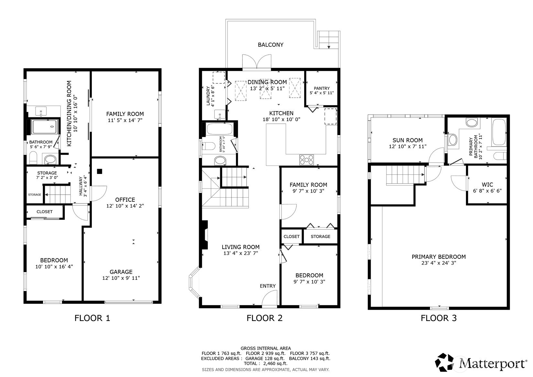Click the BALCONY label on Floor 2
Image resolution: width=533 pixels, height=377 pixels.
(x=271, y=45)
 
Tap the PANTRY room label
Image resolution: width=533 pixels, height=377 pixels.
(x=322, y=88)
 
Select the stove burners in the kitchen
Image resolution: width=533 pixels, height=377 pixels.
(x=307, y=160)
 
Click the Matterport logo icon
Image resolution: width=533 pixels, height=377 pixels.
(x=444, y=362)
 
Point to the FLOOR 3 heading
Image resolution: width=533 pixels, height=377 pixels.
(x=439, y=318)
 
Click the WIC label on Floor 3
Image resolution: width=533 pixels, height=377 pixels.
(x=487, y=185)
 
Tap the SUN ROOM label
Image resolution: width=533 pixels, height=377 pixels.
(x=408, y=140)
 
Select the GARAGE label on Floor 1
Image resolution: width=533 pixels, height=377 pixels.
(x=121, y=272)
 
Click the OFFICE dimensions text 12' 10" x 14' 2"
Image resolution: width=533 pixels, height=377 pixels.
(x=125, y=206)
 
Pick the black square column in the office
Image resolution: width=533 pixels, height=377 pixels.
(x=99, y=171)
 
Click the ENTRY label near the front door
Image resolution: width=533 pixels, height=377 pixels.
(x=268, y=286)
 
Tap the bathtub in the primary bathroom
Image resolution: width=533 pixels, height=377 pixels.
(x=499, y=132)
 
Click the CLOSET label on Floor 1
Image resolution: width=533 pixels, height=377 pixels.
(x=44, y=212)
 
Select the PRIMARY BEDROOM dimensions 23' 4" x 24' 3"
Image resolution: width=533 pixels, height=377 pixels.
(x=439, y=263)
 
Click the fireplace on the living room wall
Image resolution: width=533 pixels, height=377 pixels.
(x=205, y=235)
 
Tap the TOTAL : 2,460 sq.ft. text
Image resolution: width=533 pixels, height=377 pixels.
(x=266, y=363)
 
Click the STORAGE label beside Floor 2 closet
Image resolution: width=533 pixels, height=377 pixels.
(x=320, y=236)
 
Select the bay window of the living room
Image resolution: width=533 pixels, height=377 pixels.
(x=194, y=282)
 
